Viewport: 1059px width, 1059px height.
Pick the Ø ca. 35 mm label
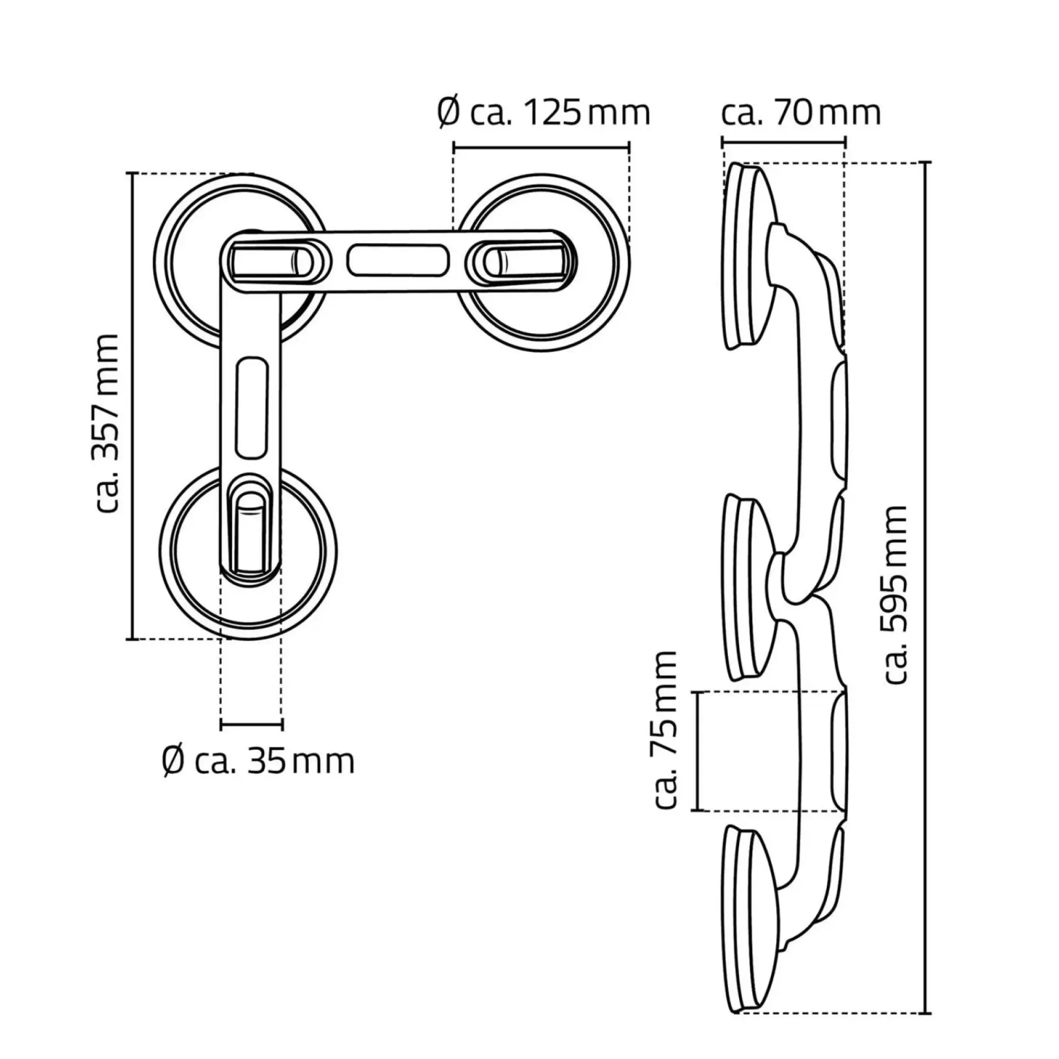coord(259,762)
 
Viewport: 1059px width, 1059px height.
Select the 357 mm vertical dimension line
coord(132,407)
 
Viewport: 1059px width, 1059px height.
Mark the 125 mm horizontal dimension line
coord(541,147)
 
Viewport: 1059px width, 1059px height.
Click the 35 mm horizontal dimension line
coord(252,724)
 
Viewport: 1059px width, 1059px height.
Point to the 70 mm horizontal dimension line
coord(783,142)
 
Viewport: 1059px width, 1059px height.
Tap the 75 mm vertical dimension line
coord(698,751)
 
